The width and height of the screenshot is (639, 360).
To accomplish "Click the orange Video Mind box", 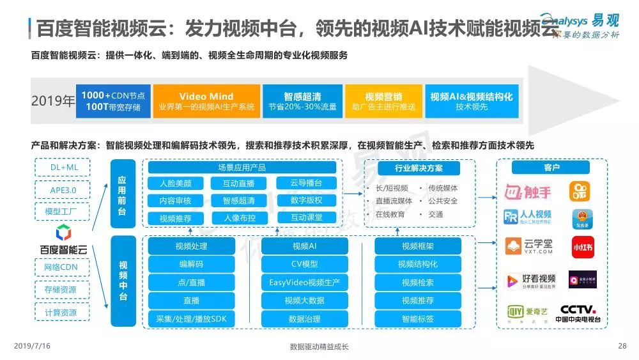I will (x=206, y=101).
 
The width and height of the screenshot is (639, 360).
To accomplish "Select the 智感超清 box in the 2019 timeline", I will (x=302, y=101).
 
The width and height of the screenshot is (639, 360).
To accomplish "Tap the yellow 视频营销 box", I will (x=383, y=101).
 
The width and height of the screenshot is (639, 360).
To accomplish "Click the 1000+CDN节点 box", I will (x=112, y=101).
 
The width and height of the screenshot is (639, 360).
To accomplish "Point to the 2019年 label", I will (x=52, y=102).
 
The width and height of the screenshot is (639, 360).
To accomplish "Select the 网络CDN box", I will (x=61, y=267).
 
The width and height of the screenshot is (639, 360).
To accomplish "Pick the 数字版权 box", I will (x=306, y=200).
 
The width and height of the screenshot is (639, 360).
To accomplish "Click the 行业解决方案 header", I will (x=419, y=168).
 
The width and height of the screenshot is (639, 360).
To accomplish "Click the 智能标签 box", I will (x=418, y=318).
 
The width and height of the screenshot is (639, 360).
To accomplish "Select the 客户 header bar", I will (x=551, y=168).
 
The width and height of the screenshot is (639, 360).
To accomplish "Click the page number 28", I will (x=622, y=346).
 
